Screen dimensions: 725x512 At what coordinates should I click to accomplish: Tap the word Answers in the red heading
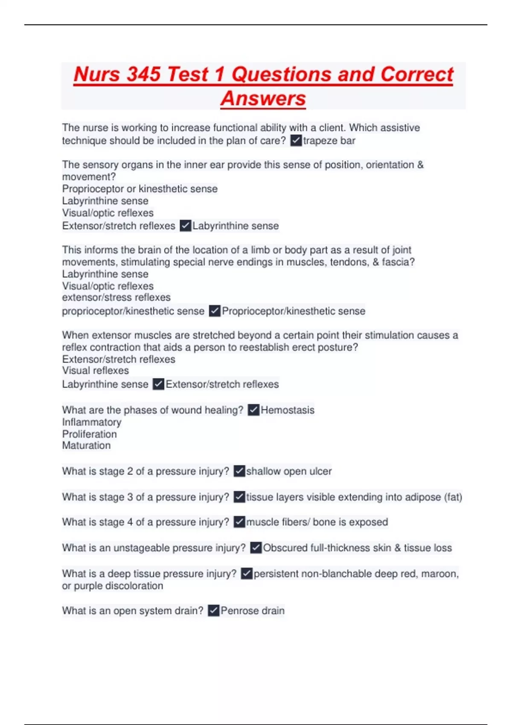click(263, 99)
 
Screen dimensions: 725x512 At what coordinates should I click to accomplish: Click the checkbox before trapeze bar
click(296, 140)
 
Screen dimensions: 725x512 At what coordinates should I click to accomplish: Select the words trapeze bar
click(329, 141)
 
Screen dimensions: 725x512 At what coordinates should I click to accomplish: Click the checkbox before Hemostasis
click(253, 410)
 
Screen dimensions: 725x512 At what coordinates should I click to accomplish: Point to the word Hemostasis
click(288, 410)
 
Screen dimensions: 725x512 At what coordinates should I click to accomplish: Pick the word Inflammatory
click(92, 422)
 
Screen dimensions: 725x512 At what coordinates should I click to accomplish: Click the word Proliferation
click(89, 434)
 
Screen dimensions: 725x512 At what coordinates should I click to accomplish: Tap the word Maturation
click(86, 446)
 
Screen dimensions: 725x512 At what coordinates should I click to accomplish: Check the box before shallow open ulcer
click(239, 471)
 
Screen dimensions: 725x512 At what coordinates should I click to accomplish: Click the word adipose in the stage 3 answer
click(423, 497)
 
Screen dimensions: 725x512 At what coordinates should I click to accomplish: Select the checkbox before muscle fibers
click(239, 522)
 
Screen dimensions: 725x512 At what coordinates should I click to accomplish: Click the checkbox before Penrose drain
click(214, 611)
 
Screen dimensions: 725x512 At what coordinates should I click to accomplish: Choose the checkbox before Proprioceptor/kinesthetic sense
click(215, 311)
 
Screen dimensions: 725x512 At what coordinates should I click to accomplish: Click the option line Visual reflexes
click(96, 371)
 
